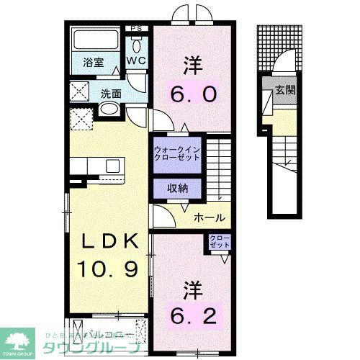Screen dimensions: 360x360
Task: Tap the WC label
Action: click(136, 62)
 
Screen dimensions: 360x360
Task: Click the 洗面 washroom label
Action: click(110, 93)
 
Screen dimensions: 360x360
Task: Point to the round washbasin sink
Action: click(108, 109)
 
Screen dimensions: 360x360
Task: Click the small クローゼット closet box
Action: click(219, 240)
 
